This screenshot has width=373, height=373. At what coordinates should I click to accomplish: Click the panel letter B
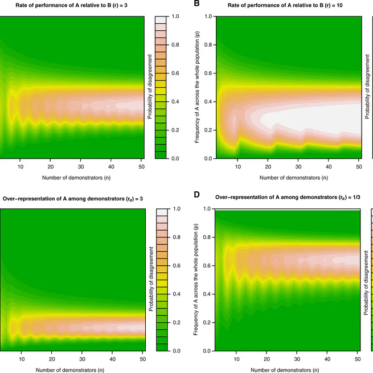click(x=197, y=3)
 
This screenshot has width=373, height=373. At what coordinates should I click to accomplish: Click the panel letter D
click(x=197, y=195)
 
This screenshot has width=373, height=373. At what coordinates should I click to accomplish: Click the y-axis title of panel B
click(x=197, y=87)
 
